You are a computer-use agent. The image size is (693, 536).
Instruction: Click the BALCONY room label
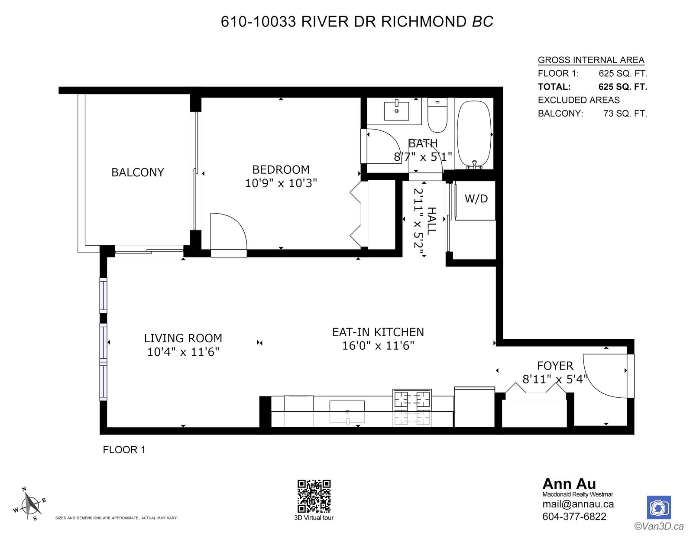coord(137,172)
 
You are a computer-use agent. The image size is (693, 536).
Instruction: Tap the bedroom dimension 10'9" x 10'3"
coord(281,183)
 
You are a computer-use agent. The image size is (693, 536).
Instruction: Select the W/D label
coord(476,199)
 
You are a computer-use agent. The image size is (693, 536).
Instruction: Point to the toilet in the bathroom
coord(437,115)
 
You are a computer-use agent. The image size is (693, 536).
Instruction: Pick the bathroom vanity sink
coord(396,110)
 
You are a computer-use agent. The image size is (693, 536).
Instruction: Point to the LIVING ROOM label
coord(183,338)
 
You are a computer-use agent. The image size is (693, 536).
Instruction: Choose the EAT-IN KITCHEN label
coord(378,332)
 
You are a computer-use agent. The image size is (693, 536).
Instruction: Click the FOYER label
coord(555,366)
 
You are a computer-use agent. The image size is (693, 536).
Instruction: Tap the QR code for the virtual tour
coord(314,496)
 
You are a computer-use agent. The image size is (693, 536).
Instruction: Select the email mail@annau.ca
coord(578,504)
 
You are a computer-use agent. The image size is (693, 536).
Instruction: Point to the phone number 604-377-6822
coord(574,516)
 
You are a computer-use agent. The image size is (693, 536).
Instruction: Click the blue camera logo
coord(659,507)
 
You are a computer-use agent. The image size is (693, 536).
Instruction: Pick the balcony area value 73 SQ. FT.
coord(625,114)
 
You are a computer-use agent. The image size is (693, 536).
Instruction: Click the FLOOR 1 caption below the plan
coord(124,450)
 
